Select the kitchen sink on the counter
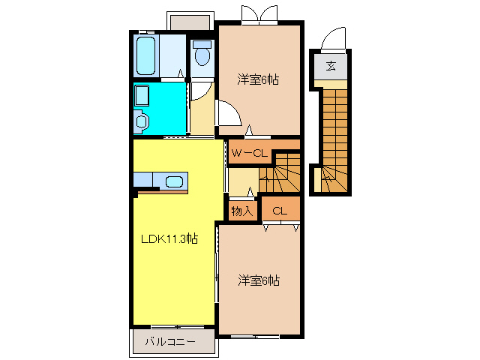pyautogui.click(x=174, y=181)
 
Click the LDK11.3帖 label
pyautogui.click(x=170, y=239)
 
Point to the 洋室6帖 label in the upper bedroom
pyautogui.click(x=258, y=79)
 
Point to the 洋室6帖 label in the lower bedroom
pyautogui.click(x=259, y=280)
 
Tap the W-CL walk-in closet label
pyautogui.click(x=249, y=153)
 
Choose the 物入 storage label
pyautogui.click(x=241, y=211)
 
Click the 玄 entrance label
pyautogui.click(x=331, y=66)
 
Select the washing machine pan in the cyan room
pyautogui.click(x=142, y=95)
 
